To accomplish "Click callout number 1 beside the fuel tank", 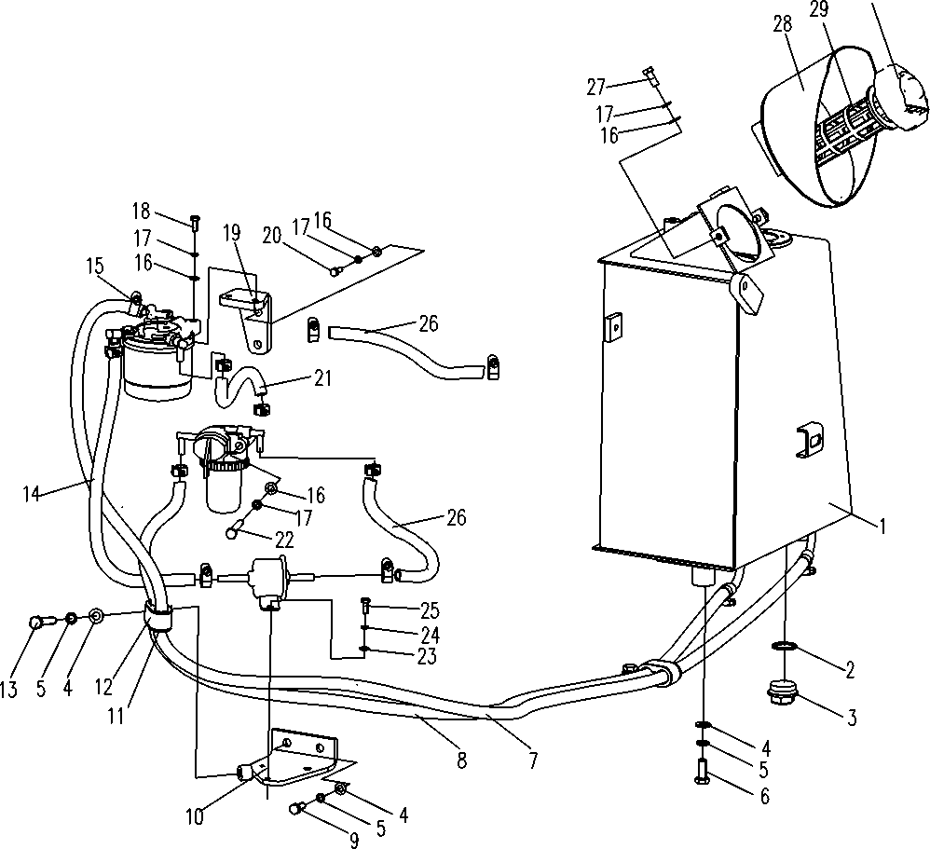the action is tap(882, 526).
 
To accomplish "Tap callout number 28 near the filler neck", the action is tap(783, 25).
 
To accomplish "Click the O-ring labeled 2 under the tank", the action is tap(784, 646).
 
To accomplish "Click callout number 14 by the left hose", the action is tap(32, 494).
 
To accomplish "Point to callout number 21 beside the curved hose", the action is tap(322, 378).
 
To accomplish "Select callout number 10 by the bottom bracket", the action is tap(194, 816).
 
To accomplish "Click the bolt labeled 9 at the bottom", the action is tap(297, 809).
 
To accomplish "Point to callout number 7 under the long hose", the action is tap(533, 760).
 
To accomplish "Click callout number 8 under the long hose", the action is tap(461, 760).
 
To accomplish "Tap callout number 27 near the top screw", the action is tap(596, 88).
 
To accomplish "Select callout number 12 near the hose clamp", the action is tap(103, 687).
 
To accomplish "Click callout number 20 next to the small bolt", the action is tap(272, 236).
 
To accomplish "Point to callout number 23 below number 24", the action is tap(427, 656).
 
